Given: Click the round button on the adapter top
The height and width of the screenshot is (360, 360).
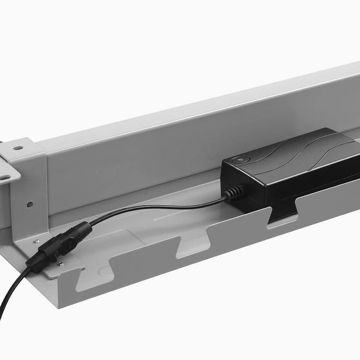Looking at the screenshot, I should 236,160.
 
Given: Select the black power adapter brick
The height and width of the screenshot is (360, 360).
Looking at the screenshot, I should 293,168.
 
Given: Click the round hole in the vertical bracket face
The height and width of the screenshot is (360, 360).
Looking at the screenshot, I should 30,204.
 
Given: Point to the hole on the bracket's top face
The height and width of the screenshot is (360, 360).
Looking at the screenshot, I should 18,148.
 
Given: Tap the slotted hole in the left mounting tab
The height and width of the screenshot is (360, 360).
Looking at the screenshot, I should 4,177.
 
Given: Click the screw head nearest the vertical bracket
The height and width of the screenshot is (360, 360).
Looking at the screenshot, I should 36,241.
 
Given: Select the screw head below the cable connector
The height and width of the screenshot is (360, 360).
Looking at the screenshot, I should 60,263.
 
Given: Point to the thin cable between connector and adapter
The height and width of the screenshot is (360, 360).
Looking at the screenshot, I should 158,207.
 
